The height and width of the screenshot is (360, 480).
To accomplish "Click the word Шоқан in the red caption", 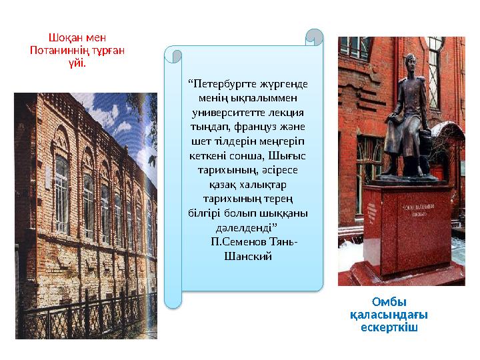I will [63, 38].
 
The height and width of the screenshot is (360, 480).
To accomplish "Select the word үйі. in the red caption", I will [77, 63].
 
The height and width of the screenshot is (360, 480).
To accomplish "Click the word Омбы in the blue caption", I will [389, 302].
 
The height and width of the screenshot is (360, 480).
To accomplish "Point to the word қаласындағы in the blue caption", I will [389, 315].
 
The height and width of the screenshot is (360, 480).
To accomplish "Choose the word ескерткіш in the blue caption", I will [389, 327].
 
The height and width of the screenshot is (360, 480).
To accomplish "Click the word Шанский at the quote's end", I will [249, 256].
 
